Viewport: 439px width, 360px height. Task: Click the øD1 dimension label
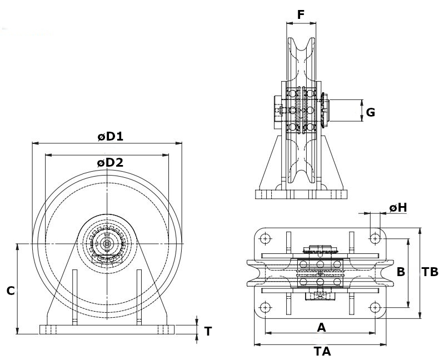110,136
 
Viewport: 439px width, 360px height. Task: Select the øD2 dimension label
109,163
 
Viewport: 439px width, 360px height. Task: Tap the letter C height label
10,291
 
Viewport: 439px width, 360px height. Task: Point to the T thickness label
208,332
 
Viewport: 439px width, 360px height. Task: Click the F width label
301,14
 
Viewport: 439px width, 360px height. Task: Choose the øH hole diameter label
398,207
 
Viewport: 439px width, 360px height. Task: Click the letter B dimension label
401,272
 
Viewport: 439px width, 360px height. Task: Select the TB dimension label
430,272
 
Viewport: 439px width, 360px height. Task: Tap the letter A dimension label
321,327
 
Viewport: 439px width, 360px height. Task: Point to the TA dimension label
322,351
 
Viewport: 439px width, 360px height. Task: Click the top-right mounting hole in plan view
376,239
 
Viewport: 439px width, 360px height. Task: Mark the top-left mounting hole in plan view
266,239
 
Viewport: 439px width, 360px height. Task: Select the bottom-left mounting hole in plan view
266,307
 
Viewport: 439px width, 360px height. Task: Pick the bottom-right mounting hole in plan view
376,307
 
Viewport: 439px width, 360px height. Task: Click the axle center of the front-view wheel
107,243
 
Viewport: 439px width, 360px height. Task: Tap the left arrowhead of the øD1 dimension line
34,143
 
